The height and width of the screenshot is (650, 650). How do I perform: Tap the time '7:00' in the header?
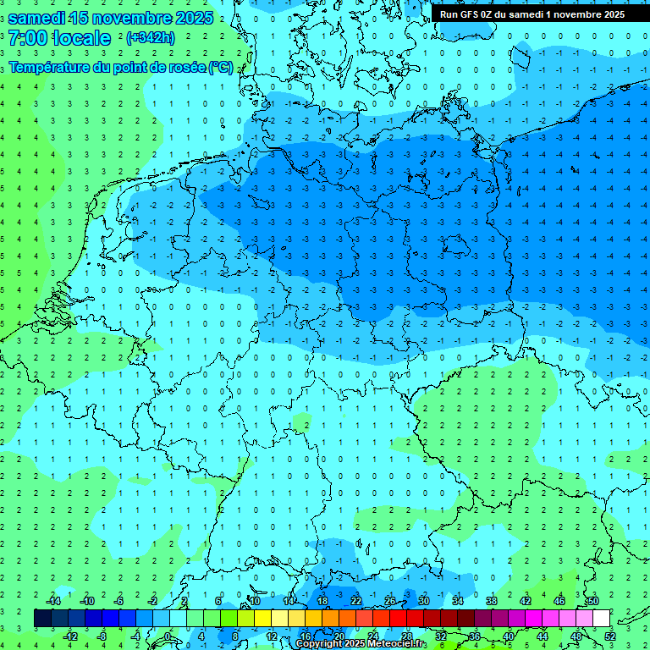click(x=27, y=38)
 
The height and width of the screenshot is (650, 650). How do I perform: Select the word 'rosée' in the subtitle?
click(x=184, y=67)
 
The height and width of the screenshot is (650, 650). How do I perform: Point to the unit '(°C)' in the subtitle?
click(x=221, y=67)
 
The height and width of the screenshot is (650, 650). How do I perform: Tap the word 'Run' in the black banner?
click(x=449, y=14)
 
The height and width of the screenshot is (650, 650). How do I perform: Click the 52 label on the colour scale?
click(x=610, y=636)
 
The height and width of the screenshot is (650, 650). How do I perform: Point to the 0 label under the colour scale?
click(x=168, y=636)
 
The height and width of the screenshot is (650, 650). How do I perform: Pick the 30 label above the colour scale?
click(x=423, y=601)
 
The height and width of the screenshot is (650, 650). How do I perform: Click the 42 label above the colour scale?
click(x=525, y=601)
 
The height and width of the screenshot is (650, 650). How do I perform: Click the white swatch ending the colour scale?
click(x=601, y=619)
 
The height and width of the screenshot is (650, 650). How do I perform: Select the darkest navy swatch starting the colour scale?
click(x=42, y=619)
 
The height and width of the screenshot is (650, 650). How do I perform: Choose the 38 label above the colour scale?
click(x=491, y=601)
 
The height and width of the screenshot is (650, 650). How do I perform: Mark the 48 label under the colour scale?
click(x=576, y=636)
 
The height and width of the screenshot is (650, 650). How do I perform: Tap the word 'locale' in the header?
click(x=81, y=38)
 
